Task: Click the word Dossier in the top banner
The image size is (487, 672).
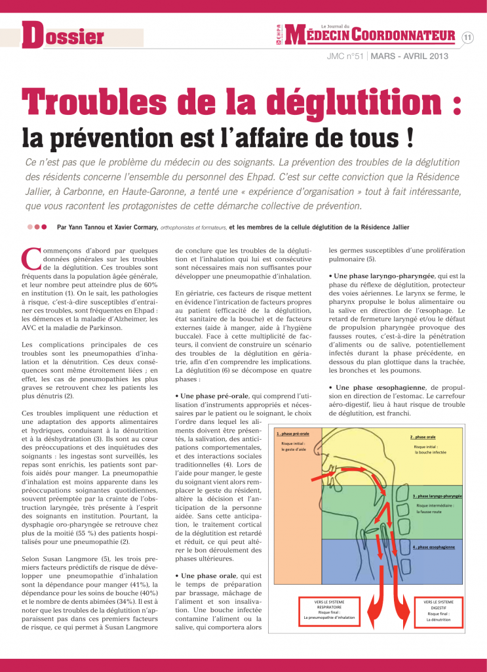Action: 64,35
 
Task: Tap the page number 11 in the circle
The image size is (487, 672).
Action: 468,37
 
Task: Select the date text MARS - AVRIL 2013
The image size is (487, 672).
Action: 409,56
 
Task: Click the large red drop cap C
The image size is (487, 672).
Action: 29,260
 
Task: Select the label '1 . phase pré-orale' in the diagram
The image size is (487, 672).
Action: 293,434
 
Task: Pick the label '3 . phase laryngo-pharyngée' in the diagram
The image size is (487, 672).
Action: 437,496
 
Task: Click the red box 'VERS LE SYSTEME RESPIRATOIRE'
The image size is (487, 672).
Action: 328,610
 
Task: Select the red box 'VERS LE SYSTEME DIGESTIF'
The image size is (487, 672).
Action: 439,610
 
